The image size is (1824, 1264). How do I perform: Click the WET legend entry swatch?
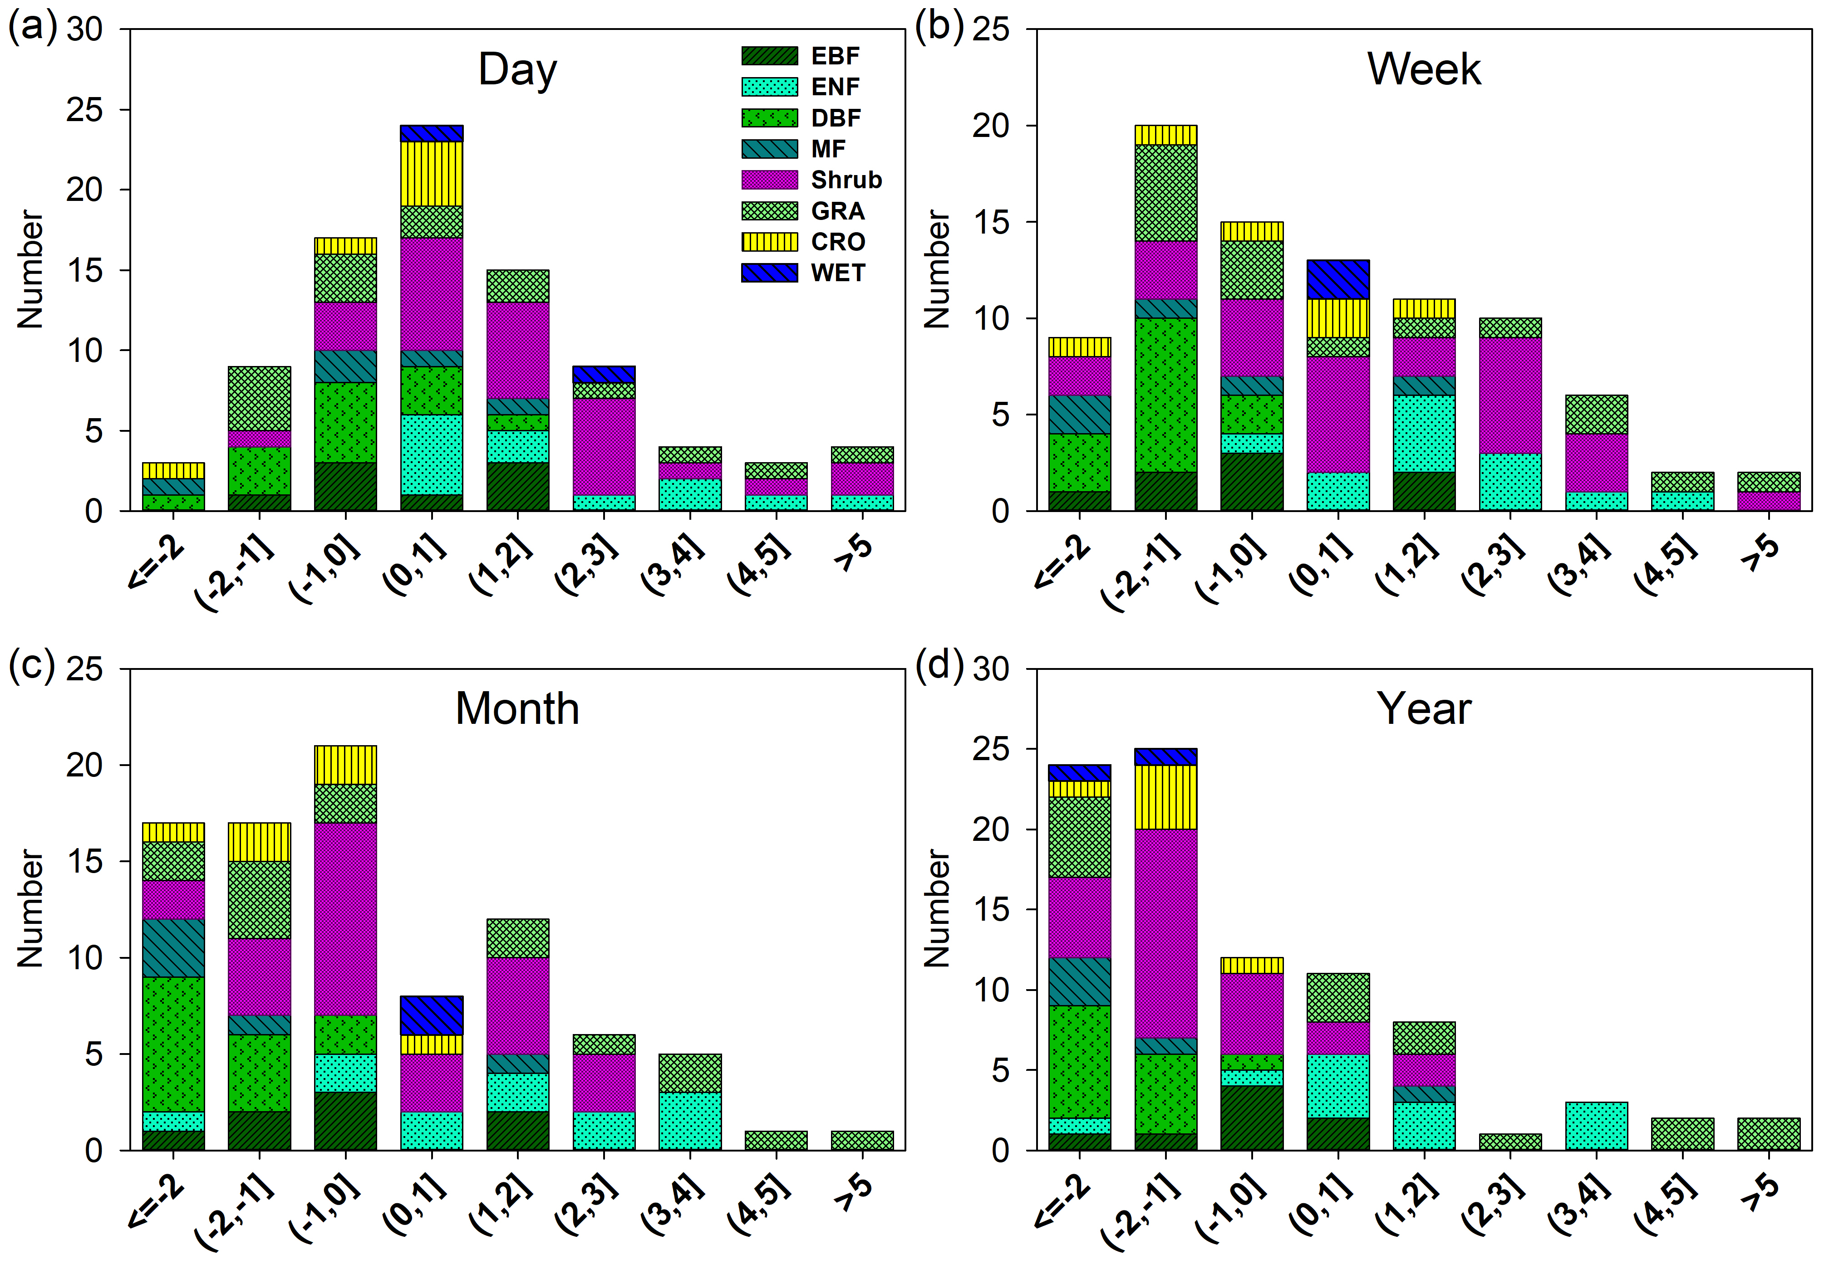768,273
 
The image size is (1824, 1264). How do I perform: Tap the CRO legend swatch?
768,242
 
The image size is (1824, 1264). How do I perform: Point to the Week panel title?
1423,70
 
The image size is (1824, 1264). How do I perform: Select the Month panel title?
517,709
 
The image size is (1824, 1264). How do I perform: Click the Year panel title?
1423,709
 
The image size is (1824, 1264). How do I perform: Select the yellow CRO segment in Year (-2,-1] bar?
1165,797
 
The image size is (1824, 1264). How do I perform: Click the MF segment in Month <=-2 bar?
173,948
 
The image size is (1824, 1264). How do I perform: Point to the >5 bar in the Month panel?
862,1141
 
